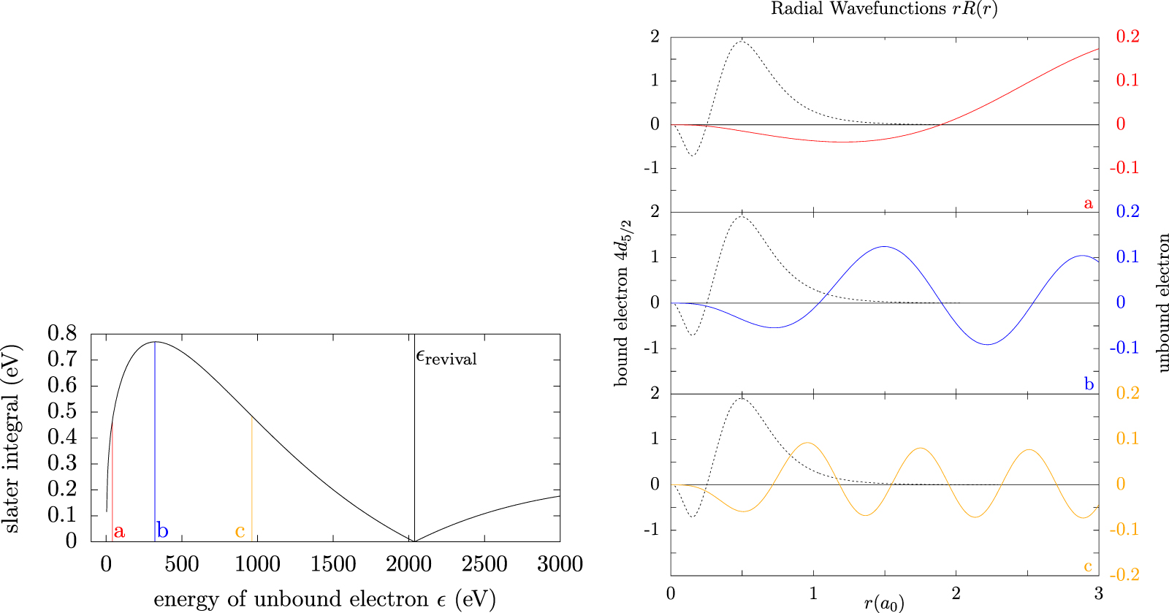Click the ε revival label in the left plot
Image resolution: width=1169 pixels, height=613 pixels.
(446, 357)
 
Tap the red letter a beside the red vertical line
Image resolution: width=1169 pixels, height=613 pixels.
(119, 531)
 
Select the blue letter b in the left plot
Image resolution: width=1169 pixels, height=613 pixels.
(162, 531)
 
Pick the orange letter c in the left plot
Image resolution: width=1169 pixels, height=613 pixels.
(240, 531)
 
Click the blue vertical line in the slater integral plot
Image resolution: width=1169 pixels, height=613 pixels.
(155, 438)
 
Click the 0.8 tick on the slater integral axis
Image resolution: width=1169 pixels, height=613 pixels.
(62, 333)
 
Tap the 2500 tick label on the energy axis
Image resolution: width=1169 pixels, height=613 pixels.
(484, 564)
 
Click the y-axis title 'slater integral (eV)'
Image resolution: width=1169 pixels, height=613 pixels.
(12, 438)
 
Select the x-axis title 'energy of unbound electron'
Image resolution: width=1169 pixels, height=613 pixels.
(324, 599)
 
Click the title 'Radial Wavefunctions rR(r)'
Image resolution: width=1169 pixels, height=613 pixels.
(884, 9)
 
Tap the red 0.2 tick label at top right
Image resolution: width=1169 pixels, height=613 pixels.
(1127, 37)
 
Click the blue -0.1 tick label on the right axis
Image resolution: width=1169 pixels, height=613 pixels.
(1124, 348)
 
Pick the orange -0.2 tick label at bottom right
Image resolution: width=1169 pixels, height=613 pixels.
(1124, 575)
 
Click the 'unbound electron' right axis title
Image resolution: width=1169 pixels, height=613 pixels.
(1162, 302)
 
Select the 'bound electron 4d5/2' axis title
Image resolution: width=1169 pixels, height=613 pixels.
(622, 302)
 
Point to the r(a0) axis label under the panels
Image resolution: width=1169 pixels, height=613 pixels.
(884, 604)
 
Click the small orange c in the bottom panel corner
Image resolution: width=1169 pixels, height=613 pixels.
(1088, 566)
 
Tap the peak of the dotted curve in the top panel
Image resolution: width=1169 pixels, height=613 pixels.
(742, 41)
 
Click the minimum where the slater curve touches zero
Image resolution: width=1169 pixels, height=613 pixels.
(414, 541)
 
